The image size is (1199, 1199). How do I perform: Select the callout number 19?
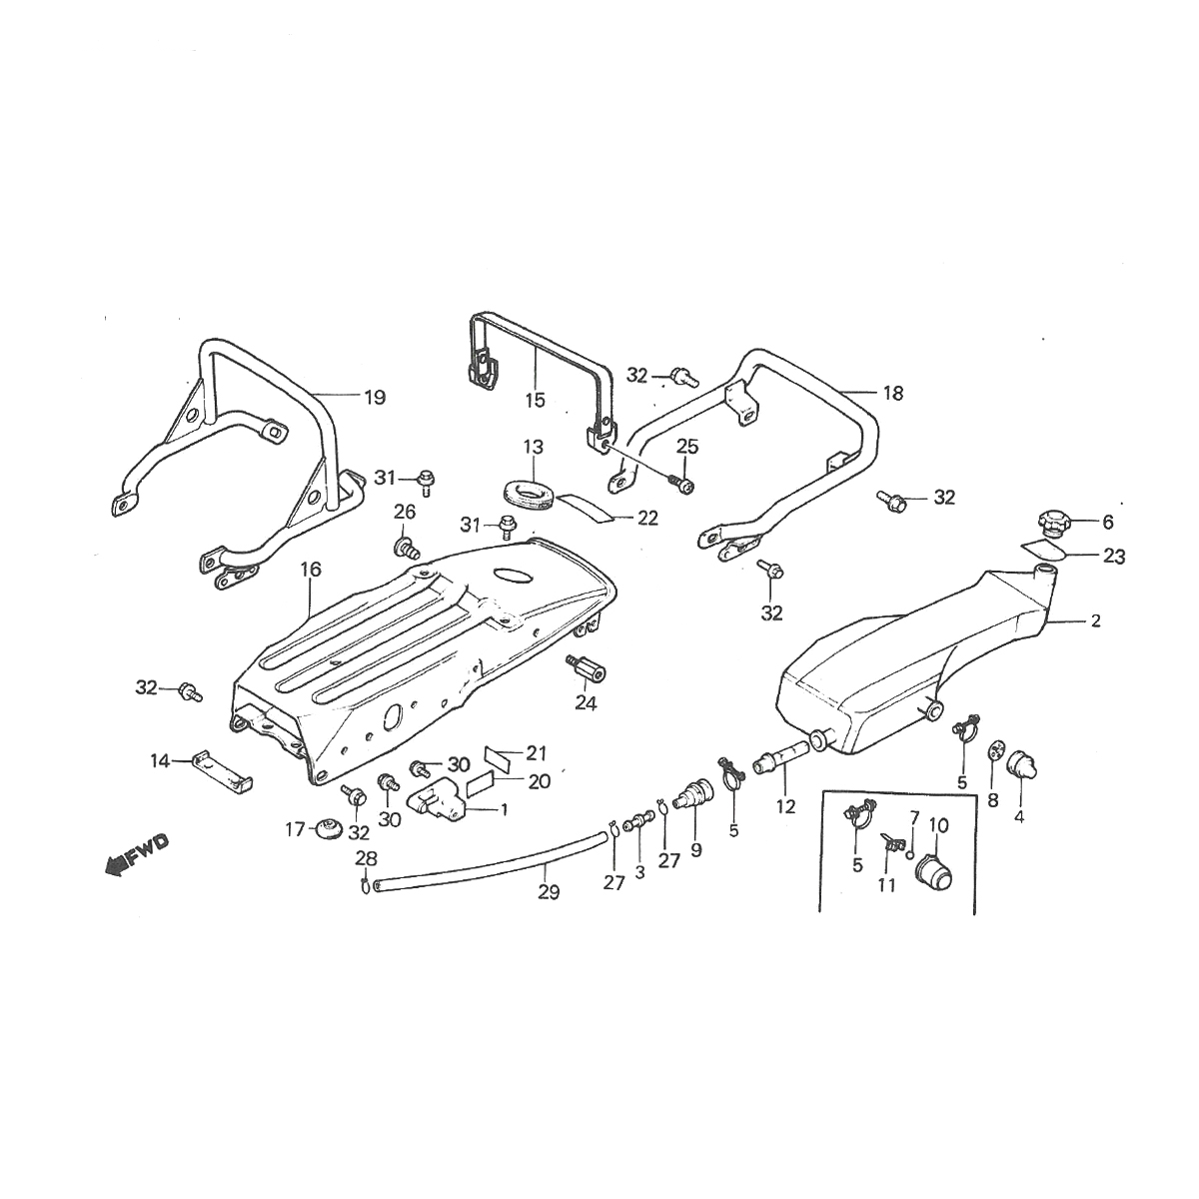[x=374, y=398]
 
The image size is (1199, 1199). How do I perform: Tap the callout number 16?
[x=311, y=570]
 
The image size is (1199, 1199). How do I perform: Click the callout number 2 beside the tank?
[x=1096, y=621]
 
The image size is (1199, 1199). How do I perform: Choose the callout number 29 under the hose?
[x=548, y=892]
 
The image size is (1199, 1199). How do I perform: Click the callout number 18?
[x=892, y=393]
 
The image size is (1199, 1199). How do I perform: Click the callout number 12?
[x=786, y=806]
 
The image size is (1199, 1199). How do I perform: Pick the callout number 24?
[x=586, y=702]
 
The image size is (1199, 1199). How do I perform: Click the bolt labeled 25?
[x=684, y=485]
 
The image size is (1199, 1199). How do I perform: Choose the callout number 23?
[x=1113, y=557]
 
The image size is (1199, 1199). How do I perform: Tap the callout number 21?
[x=538, y=752]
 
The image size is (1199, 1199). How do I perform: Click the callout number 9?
[x=695, y=850]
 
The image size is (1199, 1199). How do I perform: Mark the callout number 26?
[x=404, y=513]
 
